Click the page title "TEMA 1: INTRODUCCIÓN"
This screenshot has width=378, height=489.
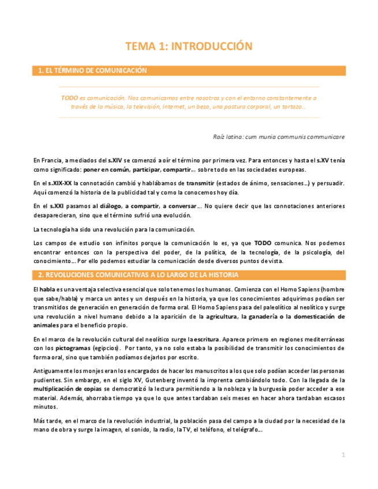[189, 47]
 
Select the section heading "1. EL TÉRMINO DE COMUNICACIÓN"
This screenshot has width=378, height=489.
[92, 71]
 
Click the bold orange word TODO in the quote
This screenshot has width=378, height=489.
[69, 98]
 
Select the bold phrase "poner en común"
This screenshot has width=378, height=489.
[106, 170]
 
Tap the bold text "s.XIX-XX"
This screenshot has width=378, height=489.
[60, 183]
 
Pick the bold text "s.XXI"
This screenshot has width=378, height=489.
[56, 205]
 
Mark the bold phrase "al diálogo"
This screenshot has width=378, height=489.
[105, 205]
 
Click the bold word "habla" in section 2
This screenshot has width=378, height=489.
[47, 288]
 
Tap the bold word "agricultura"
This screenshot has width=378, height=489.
[222, 317]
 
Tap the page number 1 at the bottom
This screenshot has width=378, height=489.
[343, 455]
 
